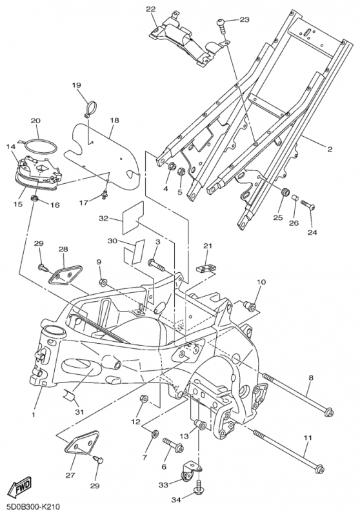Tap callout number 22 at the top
[x=151, y=9]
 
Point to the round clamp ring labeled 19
[x=90, y=108]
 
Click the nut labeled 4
[x=172, y=166]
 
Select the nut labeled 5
[x=181, y=171]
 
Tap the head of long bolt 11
[x=319, y=469]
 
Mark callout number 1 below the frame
[x=34, y=414]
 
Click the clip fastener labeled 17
[x=105, y=195]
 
